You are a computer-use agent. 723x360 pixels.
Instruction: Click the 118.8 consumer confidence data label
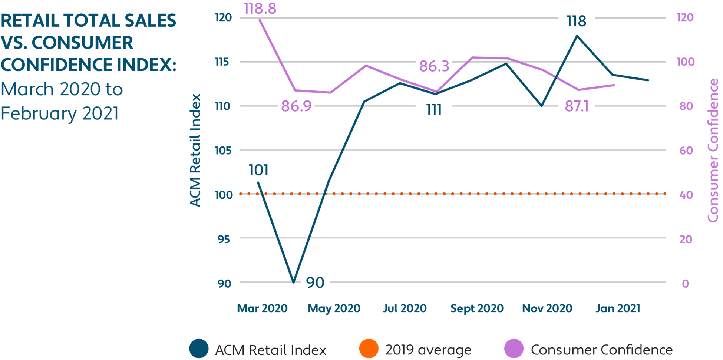[x=260, y=8]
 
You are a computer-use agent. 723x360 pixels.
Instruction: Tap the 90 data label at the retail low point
[x=315, y=282]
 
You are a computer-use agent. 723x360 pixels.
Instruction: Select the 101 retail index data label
[x=258, y=170]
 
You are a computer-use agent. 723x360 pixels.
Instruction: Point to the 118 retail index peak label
[x=577, y=21]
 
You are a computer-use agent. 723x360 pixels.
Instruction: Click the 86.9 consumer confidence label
[x=296, y=106]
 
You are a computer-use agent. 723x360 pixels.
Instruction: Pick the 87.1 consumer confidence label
[x=577, y=106]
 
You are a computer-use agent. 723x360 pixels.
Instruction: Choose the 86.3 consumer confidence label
[x=434, y=66]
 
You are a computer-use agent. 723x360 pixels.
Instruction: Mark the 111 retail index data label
[x=434, y=109]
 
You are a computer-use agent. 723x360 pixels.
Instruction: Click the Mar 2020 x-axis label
[x=262, y=308]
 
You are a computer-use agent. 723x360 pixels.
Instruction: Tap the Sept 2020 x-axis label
[x=477, y=308]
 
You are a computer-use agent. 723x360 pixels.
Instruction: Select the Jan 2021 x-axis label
[x=618, y=308]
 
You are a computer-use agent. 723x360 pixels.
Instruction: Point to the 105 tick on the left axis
[x=223, y=150]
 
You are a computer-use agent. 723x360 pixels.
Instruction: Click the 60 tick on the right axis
[x=686, y=150]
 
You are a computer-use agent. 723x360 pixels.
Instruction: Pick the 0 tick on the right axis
[x=685, y=284]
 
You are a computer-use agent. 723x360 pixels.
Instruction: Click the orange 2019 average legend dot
[x=369, y=349]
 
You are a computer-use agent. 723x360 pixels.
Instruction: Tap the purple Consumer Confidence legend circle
[x=514, y=349]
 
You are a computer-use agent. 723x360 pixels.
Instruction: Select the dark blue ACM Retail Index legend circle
[x=199, y=349]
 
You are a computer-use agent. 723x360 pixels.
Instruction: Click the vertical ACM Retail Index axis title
[x=195, y=150]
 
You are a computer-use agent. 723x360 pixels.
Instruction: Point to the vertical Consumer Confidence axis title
[x=713, y=150]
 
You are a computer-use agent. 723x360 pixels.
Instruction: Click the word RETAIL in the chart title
[x=30, y=20]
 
